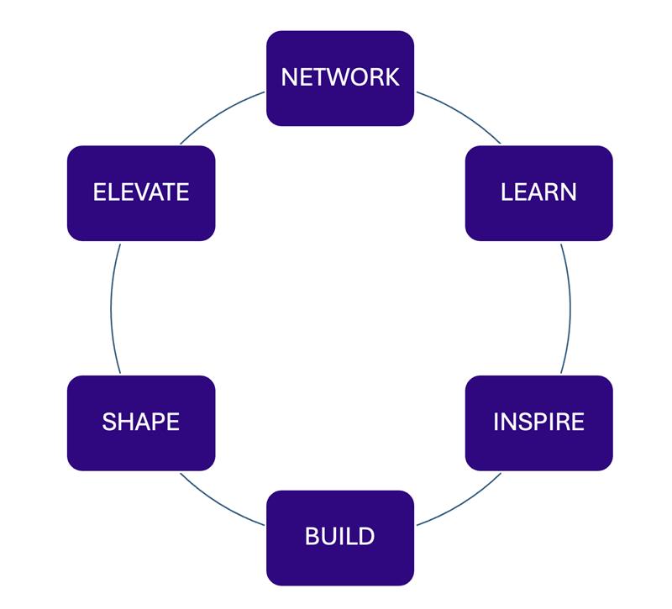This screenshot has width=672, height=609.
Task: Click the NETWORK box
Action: pyautogui.click(x=339, y=78)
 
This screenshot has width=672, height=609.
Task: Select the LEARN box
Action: pyautogui.click(x=538, y=192)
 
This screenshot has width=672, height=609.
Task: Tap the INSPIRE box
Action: pyautogui.click(x=538, y=422)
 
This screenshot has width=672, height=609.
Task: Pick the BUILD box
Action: pyautogui.click(x=339, y=537)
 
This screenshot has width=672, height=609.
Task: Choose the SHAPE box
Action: pyautogui.click(x=140, y=422)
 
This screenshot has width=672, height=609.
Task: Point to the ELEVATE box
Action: pyautogui.click(x=140, y=192)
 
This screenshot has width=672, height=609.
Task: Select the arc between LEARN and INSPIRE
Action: pyautogui.click(x=570, y=307)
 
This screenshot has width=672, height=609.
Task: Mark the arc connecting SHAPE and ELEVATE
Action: pyautogui.click(x=111, y=307)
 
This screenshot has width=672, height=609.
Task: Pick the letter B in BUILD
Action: pyautogui.click(x=312, y=537)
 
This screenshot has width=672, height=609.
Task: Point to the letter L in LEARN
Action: pyautogui.click(x=507, y=192)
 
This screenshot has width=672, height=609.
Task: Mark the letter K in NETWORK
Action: pyautogui.click(x=391, y=78)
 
